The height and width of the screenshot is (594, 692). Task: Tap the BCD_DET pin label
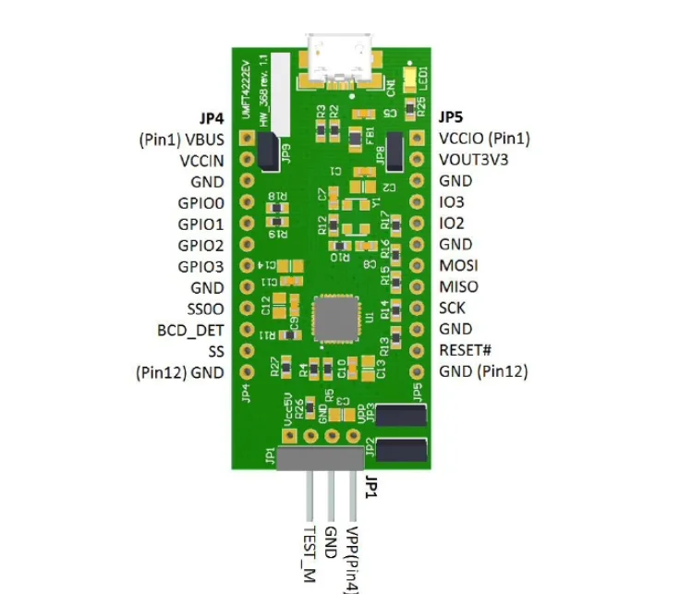(x=191, y=330)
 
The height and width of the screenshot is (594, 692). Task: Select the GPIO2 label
(x=200, y=246)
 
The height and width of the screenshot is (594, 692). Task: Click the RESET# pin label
(x=467, y=350)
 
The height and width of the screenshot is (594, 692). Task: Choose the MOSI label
(x=458, y=265)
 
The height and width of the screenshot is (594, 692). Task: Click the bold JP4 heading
(x=212, y=118)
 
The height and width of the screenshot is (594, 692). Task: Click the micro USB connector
(x=339, y=57)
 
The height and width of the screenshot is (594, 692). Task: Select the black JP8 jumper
(x=395, y=150)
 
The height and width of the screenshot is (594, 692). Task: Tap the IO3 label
(x=453, y=202)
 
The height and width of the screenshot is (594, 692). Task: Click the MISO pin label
(x=458, y=286)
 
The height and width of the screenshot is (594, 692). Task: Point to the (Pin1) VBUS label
(x=181, y=139)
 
